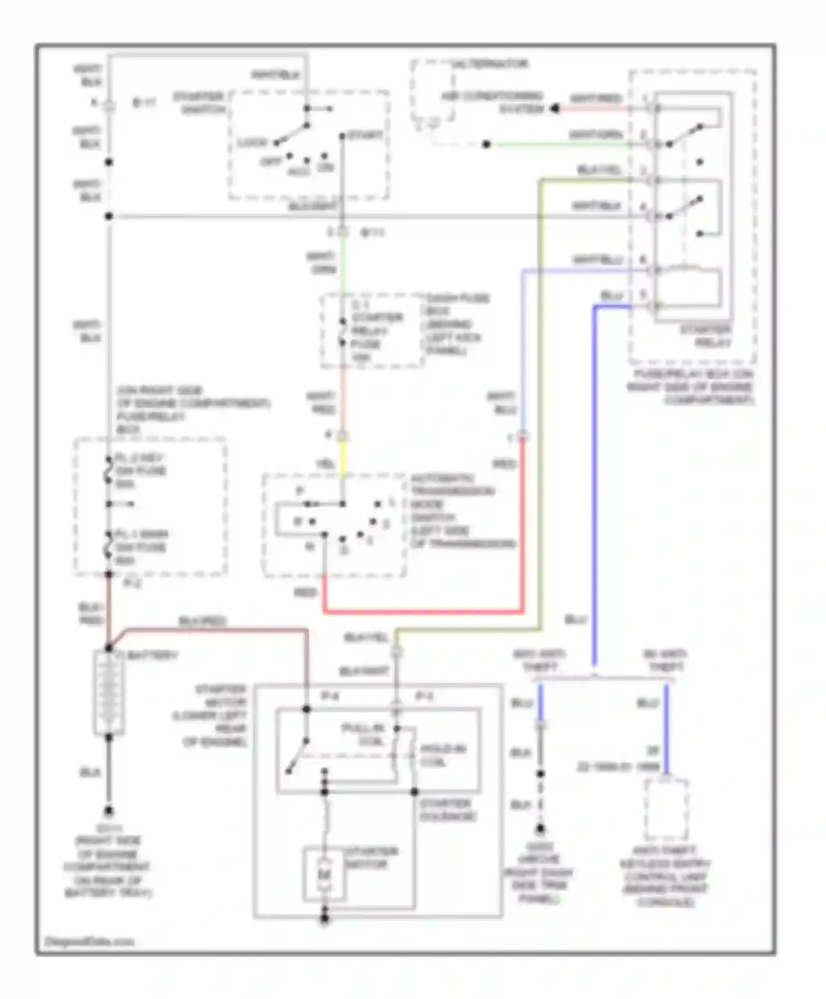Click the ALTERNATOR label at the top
tap(490, 64)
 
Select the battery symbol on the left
tap(108, 693)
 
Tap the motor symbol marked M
tap(324, 874)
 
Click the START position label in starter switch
tap(365, 135)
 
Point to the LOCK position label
tap(252, 143)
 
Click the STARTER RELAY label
tap(705, 336)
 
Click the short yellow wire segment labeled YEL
tap(342, 459)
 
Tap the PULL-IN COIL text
tap(363, 735)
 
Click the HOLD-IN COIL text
tap(443, 755)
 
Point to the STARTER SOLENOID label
tap(447, 810)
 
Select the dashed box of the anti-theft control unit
tap(666, 810)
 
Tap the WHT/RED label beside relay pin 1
tap(596, 98)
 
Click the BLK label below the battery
tap(90, 773)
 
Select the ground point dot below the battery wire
tap(109, 811)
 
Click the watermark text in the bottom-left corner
tap(89, 941)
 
